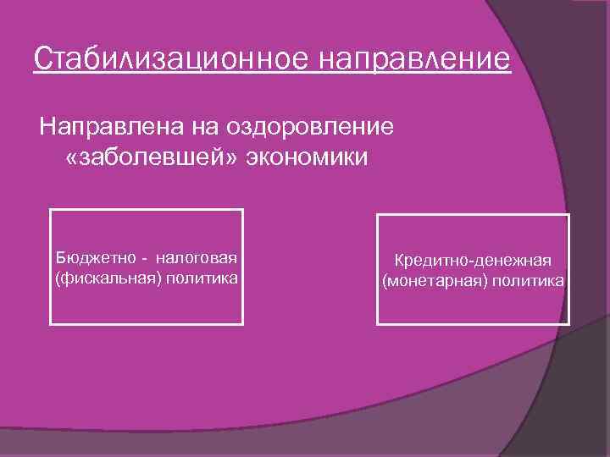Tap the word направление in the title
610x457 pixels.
point(415,60)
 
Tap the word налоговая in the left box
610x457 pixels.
point(198,256)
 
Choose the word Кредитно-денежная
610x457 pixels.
point(473,261)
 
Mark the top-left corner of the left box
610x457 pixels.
point(51,210)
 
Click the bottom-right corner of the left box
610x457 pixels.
point(242,324)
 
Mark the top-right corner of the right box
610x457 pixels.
point(568,215)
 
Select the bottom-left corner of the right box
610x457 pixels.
point(378,324)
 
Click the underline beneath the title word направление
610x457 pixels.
point(415,75)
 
